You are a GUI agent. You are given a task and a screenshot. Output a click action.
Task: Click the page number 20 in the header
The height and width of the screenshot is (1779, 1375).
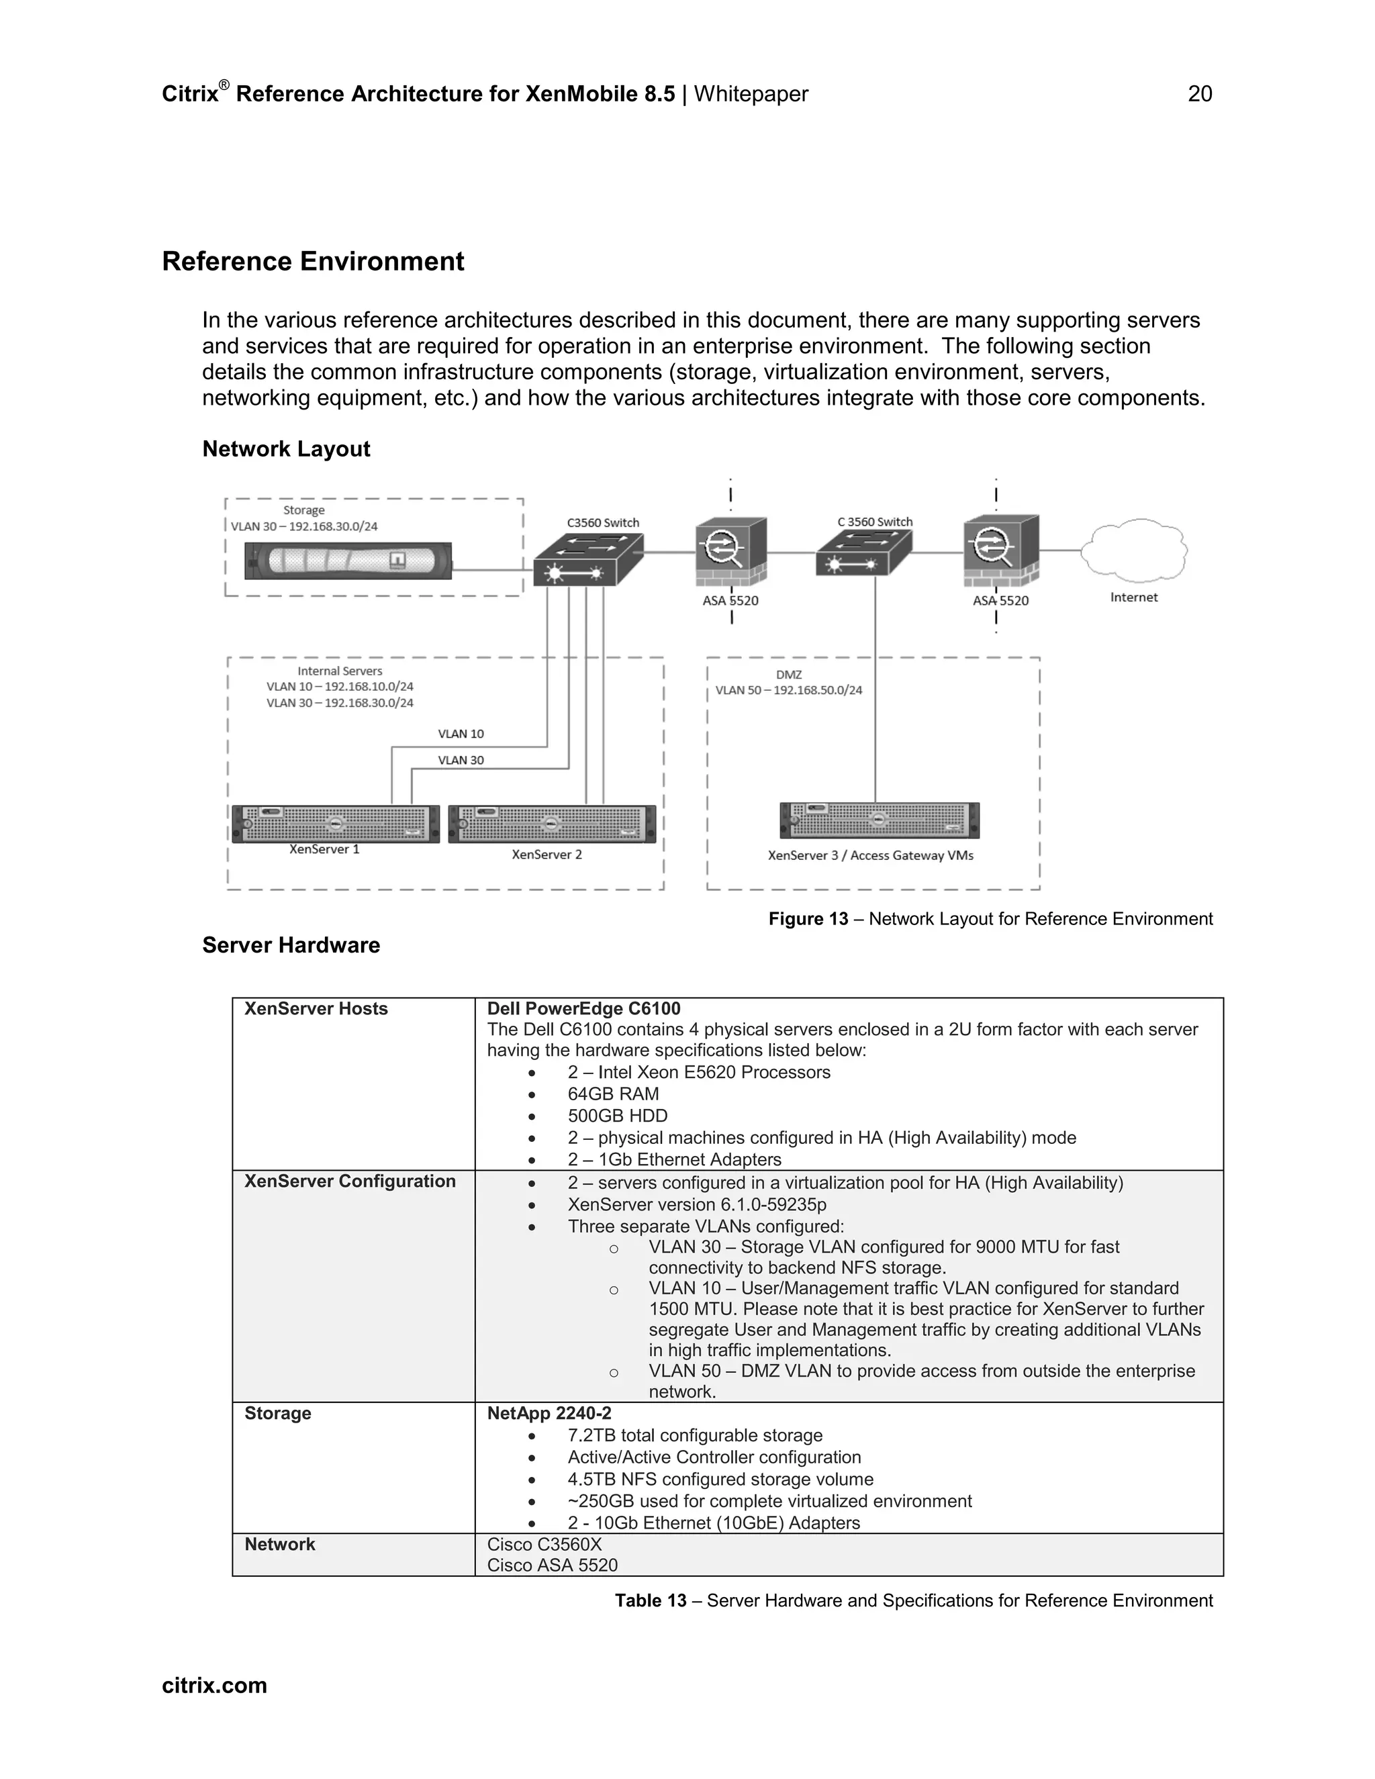click(1199, 95)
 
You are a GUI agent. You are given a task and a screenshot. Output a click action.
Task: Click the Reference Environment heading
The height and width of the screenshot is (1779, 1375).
click(313, 261)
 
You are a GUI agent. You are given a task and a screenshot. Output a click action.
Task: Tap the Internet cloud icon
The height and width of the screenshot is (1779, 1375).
click(1134, 550)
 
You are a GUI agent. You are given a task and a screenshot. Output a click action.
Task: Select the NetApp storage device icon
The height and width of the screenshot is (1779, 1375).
click(348, 561)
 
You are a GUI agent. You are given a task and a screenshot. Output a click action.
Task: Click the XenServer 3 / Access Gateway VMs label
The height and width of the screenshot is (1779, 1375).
click(870, 855)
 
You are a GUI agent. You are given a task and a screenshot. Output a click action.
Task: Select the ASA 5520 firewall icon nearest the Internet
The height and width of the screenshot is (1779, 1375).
click(1000, 550)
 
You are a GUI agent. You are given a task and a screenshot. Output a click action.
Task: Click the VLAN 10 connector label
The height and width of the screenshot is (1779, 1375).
click(461, 734)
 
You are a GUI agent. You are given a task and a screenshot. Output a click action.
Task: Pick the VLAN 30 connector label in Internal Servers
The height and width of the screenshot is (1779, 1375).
click(461, 760)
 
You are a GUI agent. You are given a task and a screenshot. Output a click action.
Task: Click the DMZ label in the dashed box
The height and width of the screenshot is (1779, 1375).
click(788, 675)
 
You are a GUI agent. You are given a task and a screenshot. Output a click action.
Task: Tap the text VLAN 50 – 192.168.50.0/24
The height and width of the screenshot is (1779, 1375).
click(788, 690)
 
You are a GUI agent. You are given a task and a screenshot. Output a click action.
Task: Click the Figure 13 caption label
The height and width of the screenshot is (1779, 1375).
click(808, 919)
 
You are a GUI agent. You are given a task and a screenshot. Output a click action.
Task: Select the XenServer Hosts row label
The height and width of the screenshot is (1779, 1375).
click(316, 1008)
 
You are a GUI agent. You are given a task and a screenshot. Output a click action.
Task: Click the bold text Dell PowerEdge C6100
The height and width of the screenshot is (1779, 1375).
click(583, 1008)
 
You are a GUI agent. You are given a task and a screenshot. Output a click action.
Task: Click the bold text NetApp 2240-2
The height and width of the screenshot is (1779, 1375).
click(549, 1413)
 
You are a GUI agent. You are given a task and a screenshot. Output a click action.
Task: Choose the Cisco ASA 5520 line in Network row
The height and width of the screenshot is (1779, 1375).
click(553, 1565)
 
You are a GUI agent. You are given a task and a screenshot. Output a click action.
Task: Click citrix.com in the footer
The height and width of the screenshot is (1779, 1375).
click(214, 1685)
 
